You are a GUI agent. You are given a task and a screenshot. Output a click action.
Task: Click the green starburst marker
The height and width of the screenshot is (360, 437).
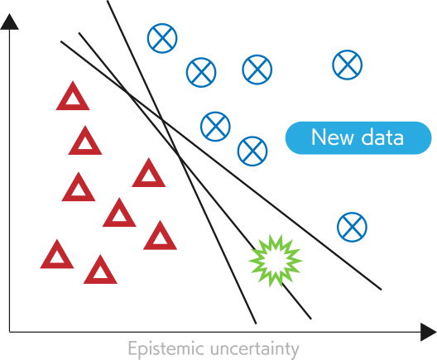tap(275, 261)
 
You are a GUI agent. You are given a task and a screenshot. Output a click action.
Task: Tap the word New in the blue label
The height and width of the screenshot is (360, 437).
tap(332, 137)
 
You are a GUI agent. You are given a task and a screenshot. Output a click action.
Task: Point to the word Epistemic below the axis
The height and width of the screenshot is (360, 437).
tap(166, 348)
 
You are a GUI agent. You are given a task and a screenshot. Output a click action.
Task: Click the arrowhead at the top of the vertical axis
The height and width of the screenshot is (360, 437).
tap(9, 22)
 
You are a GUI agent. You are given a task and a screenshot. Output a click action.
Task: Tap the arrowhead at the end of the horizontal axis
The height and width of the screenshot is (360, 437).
tap(429, 332)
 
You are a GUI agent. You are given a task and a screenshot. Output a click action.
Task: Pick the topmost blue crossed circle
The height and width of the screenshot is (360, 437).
tap(162, 38)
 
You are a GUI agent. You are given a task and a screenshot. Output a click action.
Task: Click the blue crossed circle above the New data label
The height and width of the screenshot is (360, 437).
tap(348, 65)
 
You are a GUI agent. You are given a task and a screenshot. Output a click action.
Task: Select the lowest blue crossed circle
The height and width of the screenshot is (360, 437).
tap(352, 227)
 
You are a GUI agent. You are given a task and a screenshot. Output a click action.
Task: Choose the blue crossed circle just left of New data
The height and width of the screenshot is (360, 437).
tap(252, 151)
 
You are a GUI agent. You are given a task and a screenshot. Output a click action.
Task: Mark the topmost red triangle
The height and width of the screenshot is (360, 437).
tap(73, 96)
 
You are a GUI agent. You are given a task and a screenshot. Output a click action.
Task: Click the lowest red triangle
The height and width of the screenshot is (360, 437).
tap(100, 270)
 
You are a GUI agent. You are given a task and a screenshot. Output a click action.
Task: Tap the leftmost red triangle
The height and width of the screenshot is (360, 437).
tap(57, 254)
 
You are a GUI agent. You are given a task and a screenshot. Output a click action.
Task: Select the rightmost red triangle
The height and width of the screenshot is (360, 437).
tap(160, 236)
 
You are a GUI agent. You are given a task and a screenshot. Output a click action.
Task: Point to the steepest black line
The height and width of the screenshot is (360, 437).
tap(182, 162)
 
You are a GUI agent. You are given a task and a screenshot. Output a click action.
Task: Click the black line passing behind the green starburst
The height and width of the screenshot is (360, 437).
tap(195, 175)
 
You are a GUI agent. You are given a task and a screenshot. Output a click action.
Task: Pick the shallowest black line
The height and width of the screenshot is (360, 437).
tap(221, 166)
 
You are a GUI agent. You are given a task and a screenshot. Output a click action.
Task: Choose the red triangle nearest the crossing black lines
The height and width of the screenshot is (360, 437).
tap(148, 173)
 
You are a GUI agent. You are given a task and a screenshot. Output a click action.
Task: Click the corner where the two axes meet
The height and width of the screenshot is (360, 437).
tap(9, 332)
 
